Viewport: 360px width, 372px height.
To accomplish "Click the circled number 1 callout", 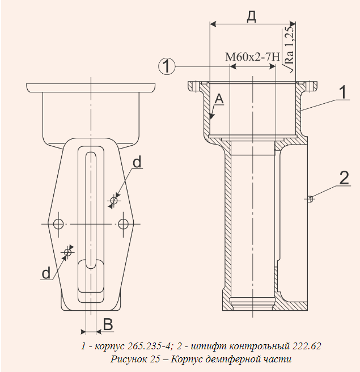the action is pyautogui.click(x=167, y=66).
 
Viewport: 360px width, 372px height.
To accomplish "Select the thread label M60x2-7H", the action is pyautogui.click(x=253, y=57).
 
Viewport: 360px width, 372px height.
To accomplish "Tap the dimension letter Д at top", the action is pyautogui.click(x=252, y=17).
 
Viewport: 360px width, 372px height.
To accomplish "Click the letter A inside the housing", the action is pyautogui.click(x=219, y=99).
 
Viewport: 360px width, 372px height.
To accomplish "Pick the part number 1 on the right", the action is pyautogui.click(x=343, y=92).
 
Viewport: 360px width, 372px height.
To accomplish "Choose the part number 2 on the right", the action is pyautogui.click(x=344, y=177).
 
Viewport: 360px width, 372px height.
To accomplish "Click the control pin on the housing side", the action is pyautogui.click(x=310, y=198).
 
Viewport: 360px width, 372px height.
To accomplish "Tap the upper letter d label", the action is pyautogui.click(x=137, y=163).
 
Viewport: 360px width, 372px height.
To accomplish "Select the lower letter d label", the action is pyautogui.click(x=46, y=273).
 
